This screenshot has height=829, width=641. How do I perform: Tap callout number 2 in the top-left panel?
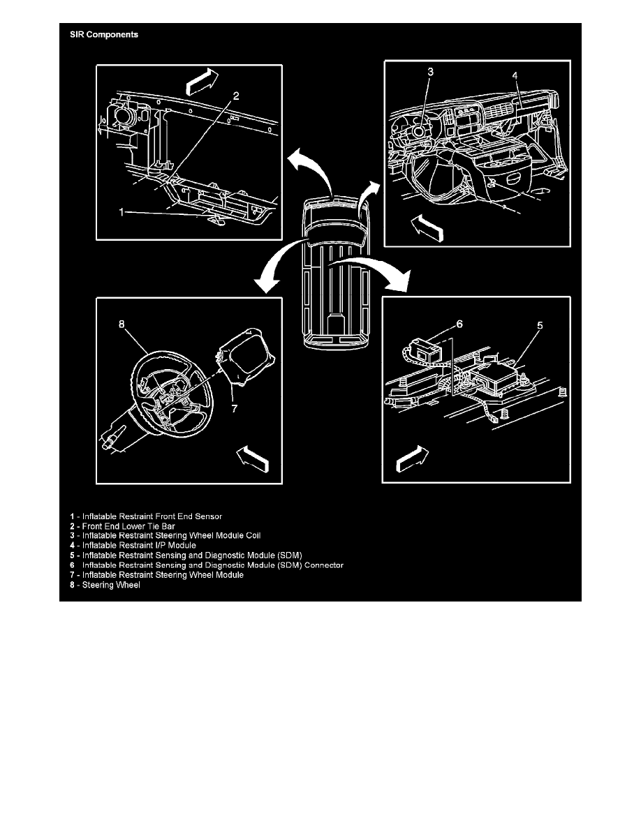(236, 97)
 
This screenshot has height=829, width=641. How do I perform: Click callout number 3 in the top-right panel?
(431, 71)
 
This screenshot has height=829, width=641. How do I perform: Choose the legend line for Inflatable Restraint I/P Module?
(133, 545)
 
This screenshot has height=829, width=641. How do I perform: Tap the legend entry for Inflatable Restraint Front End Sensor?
(146, 516)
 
